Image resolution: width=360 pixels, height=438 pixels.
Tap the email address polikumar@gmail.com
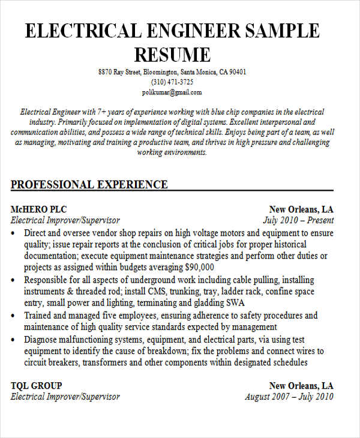click(x=172, y=92)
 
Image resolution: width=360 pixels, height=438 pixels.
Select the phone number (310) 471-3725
click(x=172, y=82)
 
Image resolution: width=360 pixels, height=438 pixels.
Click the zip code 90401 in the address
click(x=235, y=72)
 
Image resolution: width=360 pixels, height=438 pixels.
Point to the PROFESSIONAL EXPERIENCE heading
click(x=89, y=184)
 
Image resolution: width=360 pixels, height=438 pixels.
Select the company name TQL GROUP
click(x=36, y=385)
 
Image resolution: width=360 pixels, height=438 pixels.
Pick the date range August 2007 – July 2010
click(x=289, y=397)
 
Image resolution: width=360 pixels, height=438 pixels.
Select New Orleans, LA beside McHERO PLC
click(x=301, y=209)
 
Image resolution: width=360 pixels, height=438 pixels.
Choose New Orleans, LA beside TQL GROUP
click(x=301, y=385)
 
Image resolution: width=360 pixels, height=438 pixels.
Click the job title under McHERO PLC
click(x=65, y=220)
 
